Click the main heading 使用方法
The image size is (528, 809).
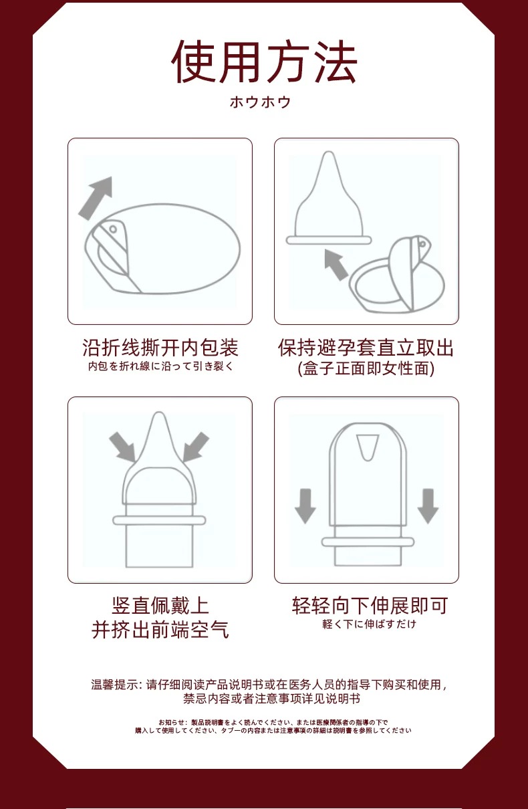tap(264, 62)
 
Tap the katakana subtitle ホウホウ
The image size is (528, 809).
tap(260, 102)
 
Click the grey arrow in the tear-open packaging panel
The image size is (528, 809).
tap(95, 199)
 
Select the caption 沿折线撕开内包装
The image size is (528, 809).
tap(160, 347)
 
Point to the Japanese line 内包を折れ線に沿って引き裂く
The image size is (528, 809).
tap(160, 366)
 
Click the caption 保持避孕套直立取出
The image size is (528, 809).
tap(366, 348)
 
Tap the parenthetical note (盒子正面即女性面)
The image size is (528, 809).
tap(366, 368)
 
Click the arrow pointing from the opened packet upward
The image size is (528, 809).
tap(336, 264)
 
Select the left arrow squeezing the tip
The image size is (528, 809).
tap(122, 447)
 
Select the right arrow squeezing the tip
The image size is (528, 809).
tap(196, 447)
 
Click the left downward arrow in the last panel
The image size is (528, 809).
tap(305, 506)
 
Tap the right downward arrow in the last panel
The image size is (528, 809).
tap(428, 506)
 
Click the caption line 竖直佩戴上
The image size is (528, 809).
tap(160, 605)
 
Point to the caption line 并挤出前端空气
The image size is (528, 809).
tap(160, 630)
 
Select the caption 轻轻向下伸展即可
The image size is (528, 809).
tap(370, 605)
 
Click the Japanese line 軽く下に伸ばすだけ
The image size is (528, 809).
tap(369, 624)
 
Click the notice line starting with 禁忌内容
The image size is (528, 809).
tap(271, 699)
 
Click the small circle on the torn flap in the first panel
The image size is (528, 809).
tap(113, 229)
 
